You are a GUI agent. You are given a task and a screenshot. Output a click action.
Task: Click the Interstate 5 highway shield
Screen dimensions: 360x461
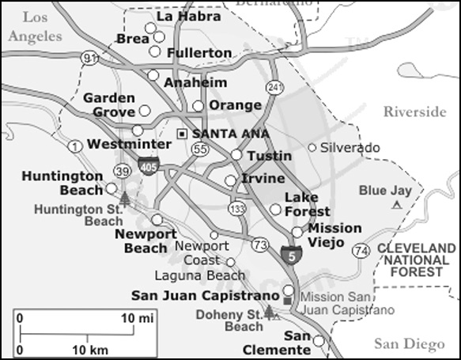[x=290, y=254]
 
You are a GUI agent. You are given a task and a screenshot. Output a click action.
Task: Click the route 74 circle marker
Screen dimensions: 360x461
[x=361, y=251]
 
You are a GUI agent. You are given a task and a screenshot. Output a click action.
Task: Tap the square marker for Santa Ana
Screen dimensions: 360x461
[x=183, y=133]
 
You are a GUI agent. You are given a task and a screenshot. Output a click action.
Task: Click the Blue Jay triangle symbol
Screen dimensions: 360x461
[x=397, y=205]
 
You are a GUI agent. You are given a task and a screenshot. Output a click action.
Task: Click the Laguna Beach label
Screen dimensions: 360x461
[x=210, y=275]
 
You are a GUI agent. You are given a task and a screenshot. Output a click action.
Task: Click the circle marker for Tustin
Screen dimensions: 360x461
[x=236, y=154]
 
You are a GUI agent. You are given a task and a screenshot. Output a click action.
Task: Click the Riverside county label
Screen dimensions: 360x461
[x=414, y=112]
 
